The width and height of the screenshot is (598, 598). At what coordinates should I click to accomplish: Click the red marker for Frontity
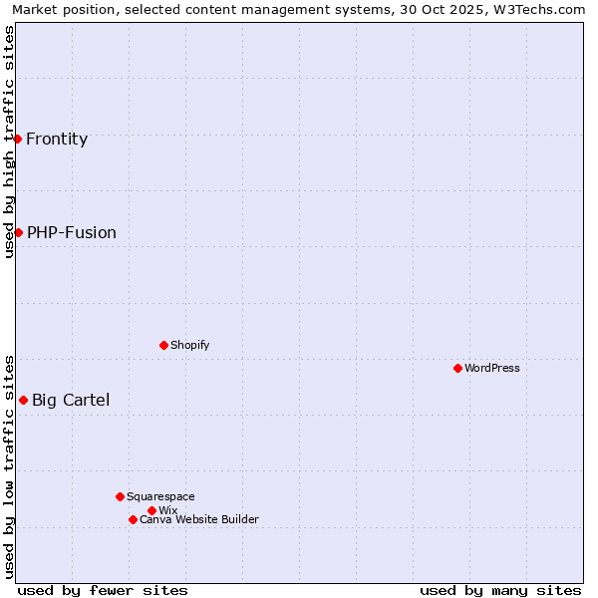(18, 139)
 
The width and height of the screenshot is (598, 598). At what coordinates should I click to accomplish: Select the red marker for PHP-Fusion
(18, 232)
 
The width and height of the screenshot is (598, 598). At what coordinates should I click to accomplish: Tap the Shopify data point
(163, 345)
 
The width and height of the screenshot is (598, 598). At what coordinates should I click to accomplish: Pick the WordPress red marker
(457, 368)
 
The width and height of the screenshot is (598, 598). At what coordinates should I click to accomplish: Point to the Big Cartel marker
(23, 400)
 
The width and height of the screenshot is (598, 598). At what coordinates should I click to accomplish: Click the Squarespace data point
(120, 496)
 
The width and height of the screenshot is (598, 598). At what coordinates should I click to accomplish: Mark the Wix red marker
(151, 510)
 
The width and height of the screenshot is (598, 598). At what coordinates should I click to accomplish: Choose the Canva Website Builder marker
(133, 519)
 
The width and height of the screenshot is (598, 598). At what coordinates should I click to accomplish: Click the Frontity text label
(57, 139)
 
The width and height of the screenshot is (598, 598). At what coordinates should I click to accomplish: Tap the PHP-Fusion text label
(72, 232)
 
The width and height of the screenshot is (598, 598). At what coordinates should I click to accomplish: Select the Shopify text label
(189, 345)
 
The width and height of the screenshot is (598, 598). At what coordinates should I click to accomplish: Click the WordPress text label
(492, 368)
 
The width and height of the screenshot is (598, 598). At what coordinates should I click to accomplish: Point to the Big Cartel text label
(71, 400)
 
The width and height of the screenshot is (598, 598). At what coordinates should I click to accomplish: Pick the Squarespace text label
(160, 496)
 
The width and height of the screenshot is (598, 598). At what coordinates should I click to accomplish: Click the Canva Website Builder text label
(199, 519)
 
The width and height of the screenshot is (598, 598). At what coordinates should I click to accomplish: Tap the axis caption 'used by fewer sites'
(103, 590)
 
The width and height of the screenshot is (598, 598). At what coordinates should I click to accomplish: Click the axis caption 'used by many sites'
(500, 590)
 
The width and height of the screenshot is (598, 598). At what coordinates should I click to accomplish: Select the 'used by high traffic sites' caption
(9, 142)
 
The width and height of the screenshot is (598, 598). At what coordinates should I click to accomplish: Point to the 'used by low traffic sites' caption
(9, 465)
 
